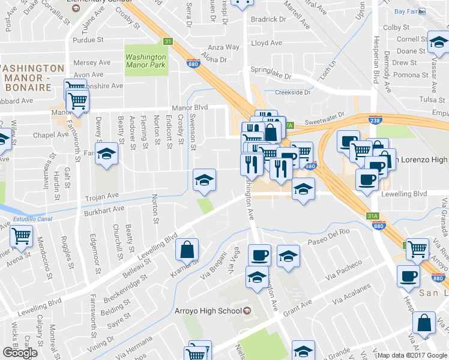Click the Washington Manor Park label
145,61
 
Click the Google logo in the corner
20,352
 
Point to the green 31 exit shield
169,41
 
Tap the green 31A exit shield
373,215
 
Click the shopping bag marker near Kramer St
187,249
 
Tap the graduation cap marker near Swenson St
204,180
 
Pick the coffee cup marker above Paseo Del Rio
259,255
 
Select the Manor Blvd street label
189,108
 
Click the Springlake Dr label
271,77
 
